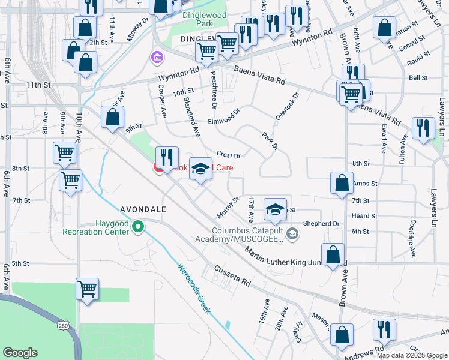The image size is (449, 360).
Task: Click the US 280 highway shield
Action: tap(62, 325)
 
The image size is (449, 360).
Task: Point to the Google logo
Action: tap(20, 353)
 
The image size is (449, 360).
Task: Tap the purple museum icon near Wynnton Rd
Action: tap(157, 58)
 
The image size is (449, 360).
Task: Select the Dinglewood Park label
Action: tap(193, 19)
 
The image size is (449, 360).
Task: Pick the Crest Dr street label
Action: tap(228, 155)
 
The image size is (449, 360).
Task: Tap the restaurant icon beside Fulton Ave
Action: tap(423, 128)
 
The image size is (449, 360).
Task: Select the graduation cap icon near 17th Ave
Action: tap(275, 209)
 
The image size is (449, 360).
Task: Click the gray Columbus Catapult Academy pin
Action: tap(292, 234)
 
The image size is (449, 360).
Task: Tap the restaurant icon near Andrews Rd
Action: tap(384, 330)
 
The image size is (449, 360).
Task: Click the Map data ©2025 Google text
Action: tap(411, 355)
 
